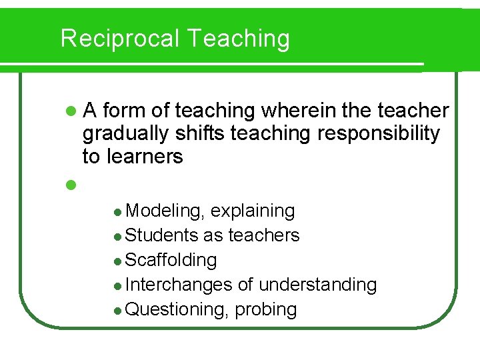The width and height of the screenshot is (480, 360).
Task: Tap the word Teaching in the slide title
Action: click(x=239, y=39)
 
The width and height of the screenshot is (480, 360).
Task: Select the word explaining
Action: click(x=253, y=211)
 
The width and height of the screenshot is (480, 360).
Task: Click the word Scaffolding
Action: click(x=171, y=260)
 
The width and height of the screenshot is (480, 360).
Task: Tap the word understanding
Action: click(x=317, y=285)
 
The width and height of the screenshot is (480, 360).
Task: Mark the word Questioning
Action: click(x=175, y=309)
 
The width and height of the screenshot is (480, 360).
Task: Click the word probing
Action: click(x=265, y=309)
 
